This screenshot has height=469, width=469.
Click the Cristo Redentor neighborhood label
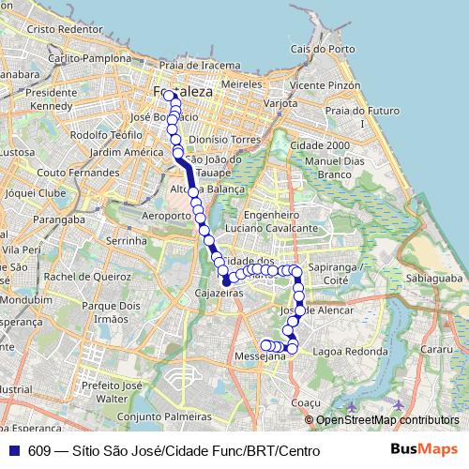tap(64, 29)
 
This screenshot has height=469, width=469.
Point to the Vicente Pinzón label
tap(325, 84)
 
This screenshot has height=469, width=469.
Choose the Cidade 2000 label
tap(320, 145)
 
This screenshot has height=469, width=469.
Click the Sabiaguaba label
tap(434, 279)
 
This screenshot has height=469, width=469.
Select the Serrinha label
tap(126, 241)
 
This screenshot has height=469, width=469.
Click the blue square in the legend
tap(13, 451)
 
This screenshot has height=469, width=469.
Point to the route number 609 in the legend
tap(39, 451)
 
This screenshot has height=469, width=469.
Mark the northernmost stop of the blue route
tap(169, 95)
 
